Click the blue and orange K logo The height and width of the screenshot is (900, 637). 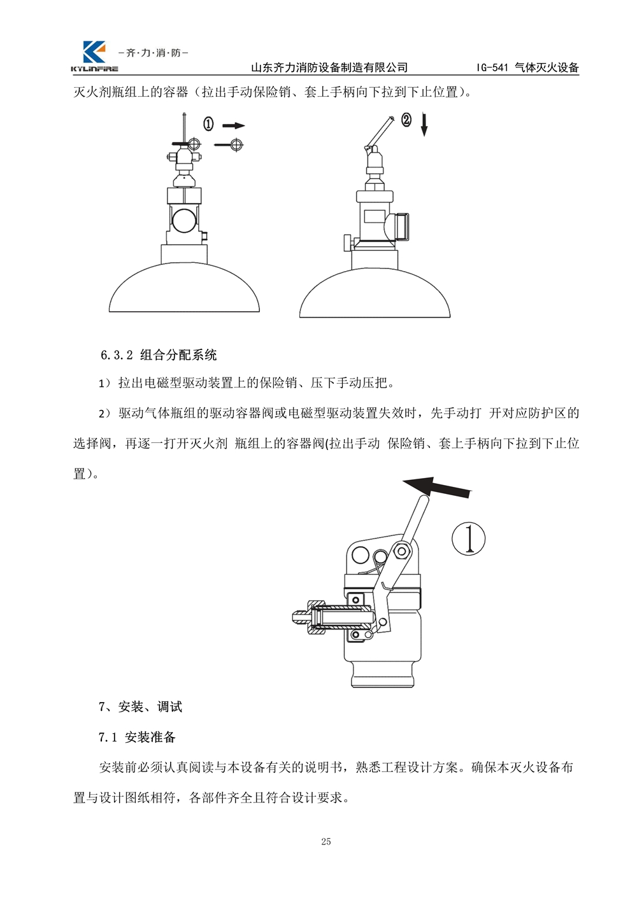click(x=94, y=52)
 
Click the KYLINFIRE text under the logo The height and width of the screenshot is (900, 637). click(x=94, y=69)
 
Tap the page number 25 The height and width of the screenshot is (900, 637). click(x=326, y=841)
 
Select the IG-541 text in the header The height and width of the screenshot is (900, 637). click(x=492, y=67)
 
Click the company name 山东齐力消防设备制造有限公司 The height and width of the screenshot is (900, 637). click(x=329, y=67)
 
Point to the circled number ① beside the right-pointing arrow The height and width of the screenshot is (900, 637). click(x=208, y=124)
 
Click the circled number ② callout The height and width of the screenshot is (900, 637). click(x=406, y=120)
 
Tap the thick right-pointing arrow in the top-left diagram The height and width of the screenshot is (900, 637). click(x=233, y=126)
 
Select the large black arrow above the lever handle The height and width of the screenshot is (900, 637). click(x=437, y=487)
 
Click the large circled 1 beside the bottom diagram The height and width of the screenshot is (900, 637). click(x=468, y=539)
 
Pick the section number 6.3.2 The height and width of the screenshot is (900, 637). click(x=117, y=355)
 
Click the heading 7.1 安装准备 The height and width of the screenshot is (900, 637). click(x=137, y=737)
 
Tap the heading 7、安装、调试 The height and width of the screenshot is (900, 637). click(x=140, y=707)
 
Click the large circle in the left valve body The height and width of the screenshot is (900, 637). click(x=184, y=220)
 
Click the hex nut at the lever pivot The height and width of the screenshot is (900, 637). click(x=401, y=551)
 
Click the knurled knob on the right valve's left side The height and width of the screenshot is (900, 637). click(x=347, y=243)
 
